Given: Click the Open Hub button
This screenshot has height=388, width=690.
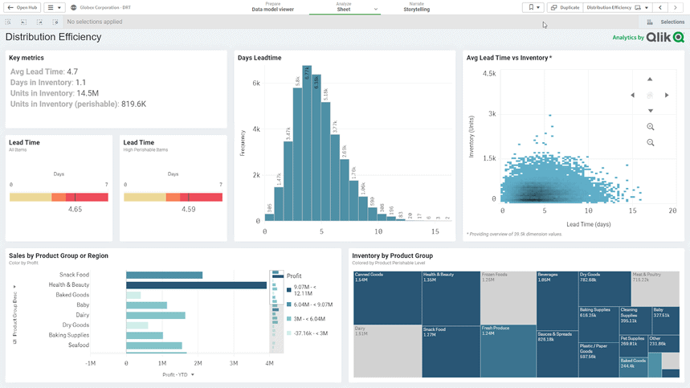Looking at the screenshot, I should tap(22, 7).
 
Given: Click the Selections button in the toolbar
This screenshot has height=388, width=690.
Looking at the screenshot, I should tap(667, 22).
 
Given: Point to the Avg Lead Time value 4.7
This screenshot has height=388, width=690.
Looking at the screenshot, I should tap(72, 71).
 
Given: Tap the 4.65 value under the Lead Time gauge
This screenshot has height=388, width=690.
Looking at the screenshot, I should tap(75, 209).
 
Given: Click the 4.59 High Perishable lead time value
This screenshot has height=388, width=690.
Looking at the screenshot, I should tap(188, 209).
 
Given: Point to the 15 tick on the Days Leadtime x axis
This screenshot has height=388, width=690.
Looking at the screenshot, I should tap(435, 232).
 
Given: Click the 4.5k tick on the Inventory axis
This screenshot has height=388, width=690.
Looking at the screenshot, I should tap(488, 73).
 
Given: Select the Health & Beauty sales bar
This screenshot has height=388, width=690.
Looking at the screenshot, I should tap(196, 284).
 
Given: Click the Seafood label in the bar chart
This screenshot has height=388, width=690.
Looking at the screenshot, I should tap(78, 345).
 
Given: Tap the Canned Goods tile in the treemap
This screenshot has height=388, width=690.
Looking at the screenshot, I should tap(386, 297).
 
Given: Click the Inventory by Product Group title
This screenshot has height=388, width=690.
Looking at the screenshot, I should tap(392, 255).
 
